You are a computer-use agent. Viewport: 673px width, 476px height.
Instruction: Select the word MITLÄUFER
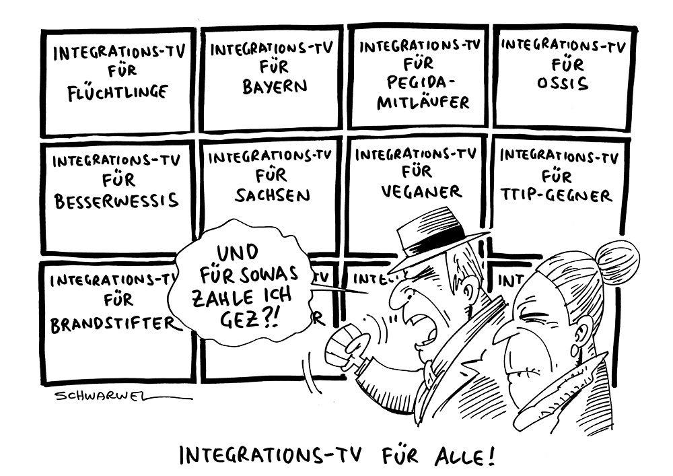[x=423, y=102]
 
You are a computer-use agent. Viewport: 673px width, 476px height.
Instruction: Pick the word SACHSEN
[x=273, y=195]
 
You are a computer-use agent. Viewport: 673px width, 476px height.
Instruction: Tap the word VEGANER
[x=421, y=192]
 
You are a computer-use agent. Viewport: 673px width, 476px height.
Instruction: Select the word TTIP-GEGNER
[x=557, y=196]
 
